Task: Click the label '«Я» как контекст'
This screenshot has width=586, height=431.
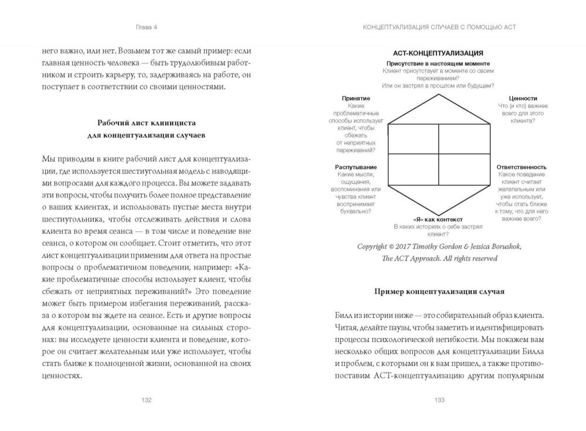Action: (438, 219)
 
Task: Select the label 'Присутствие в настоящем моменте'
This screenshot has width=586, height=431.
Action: (438, 63)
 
